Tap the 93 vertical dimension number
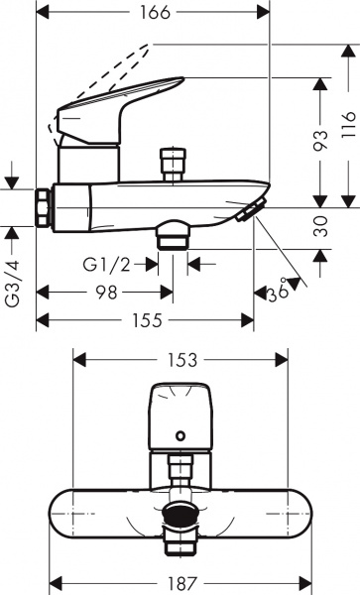coord(317,142)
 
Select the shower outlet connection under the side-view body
coord(173,235)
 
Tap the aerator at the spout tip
coord(250,209)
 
